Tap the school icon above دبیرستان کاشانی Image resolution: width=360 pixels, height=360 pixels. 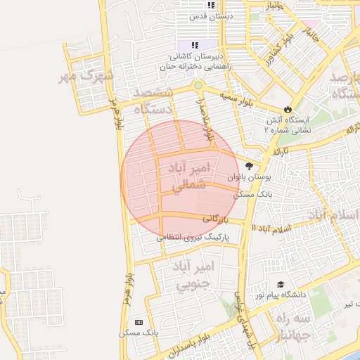click(195, 46)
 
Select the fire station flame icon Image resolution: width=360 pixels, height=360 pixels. click(287, 108)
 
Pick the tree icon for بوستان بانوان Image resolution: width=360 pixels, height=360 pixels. click(250, 166)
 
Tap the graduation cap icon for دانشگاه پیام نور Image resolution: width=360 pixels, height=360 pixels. click(281, 285)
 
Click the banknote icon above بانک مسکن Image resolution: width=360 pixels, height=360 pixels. click(138, 321)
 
